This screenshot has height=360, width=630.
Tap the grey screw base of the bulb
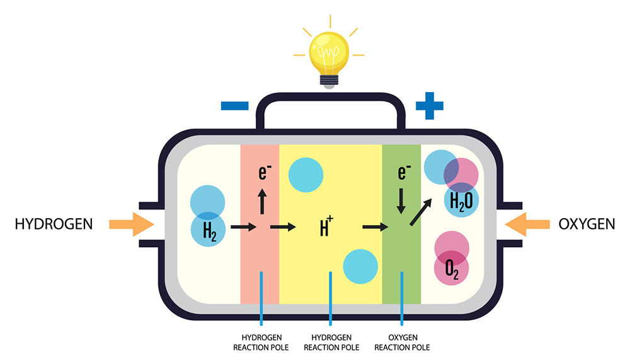[x=329, y=81]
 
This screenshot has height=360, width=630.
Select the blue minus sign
[x=234, y=106]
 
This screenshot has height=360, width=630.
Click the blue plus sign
[x=430, y=106]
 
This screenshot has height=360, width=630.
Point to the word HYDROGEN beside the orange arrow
[x=54, y=224]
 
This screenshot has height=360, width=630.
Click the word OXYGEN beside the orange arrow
[x=587, y=224]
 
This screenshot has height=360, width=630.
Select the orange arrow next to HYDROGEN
[x=132, y=224]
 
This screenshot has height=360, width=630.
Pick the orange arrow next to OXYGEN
[x=527, y=224]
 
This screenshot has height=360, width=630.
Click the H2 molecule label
[x=209, y=231]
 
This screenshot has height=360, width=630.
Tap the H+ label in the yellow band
[x=326, y=226]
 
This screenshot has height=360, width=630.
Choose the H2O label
[x=461, y=202]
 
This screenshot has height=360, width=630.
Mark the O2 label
[x=452, y=269]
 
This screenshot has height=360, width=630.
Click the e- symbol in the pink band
[x=265, y=171]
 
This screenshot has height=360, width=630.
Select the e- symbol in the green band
[x=404, y=171]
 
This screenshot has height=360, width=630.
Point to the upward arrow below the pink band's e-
[x=262, y=202]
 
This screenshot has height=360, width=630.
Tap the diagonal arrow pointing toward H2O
[x=421, y=212]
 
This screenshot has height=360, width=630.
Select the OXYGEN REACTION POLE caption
[x=402, y=342]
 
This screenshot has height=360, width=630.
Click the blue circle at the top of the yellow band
[x=306, y=175]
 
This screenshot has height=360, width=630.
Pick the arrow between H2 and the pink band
[x=243, y=227]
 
